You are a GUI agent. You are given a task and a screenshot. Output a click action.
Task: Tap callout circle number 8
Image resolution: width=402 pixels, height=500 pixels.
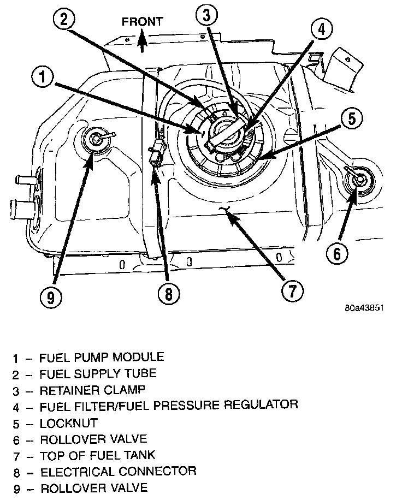168,294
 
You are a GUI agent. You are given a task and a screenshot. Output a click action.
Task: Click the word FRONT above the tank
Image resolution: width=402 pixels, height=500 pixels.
142,22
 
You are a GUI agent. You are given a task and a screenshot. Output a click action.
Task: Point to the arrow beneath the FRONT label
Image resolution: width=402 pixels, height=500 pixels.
142,40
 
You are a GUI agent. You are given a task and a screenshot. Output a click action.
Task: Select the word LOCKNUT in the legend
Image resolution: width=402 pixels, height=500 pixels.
68,423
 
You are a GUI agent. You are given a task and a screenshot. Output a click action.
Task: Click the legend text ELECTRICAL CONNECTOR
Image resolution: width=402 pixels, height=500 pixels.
117,471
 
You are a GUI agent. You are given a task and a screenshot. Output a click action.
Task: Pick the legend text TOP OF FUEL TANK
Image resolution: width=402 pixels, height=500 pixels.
97,455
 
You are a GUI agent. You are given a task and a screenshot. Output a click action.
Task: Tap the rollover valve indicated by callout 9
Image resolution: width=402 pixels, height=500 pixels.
96,140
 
